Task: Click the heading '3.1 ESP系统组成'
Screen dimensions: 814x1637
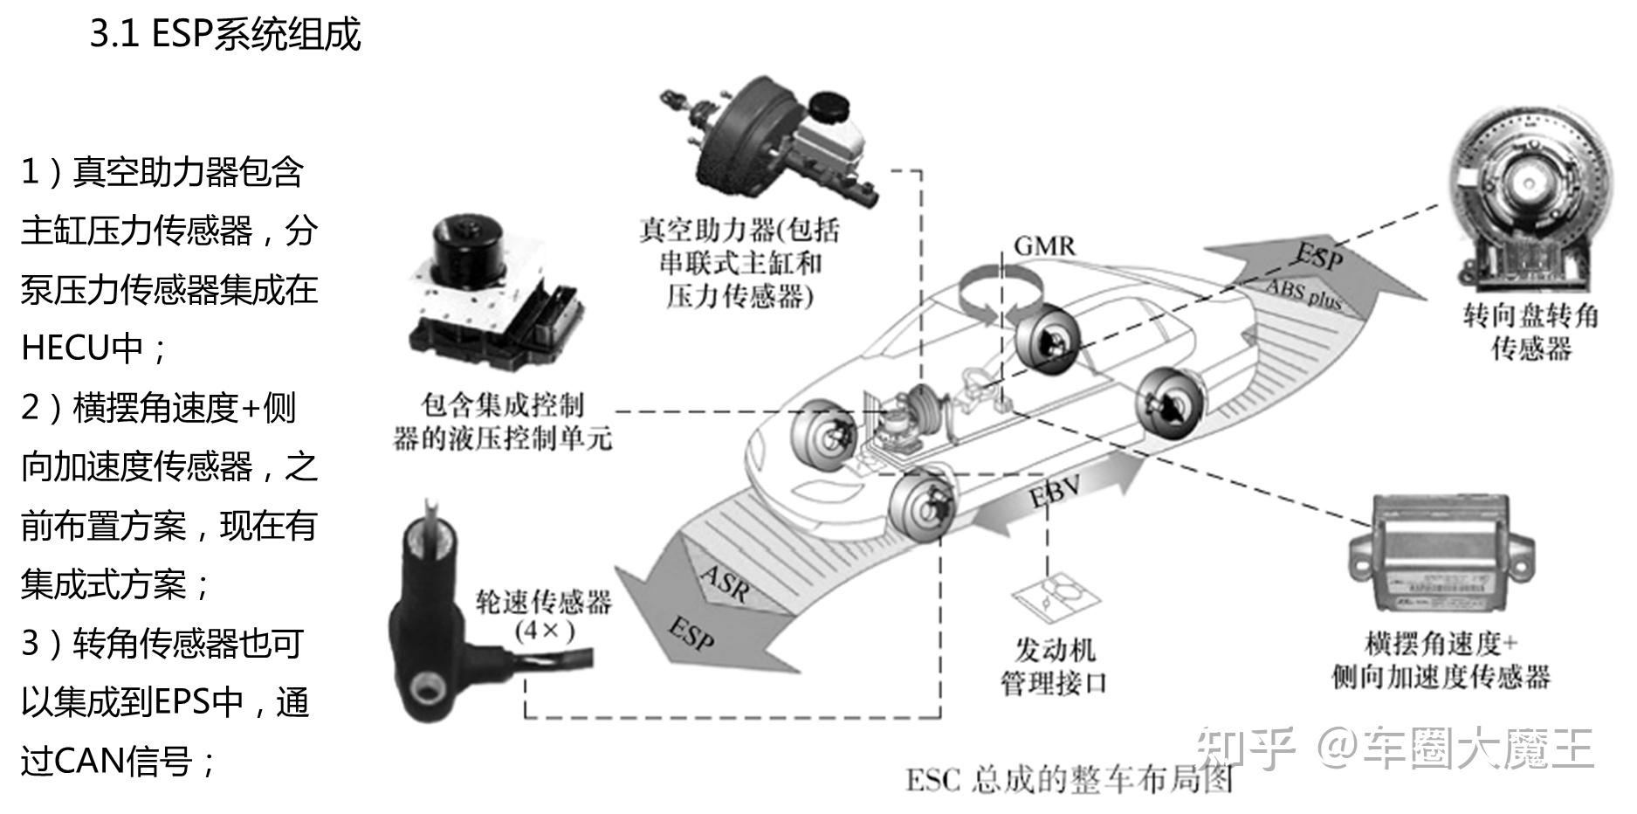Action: (x=225, y=35)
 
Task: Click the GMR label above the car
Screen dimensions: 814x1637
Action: (x=1044, y=246)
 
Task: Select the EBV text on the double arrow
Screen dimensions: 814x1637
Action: (x=1054, y=493)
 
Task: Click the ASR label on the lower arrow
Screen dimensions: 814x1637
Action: (x=724, y=583)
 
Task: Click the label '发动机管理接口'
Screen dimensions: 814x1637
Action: (x=1053, y=666)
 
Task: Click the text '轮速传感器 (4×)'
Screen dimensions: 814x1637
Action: (x=543, y=616)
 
